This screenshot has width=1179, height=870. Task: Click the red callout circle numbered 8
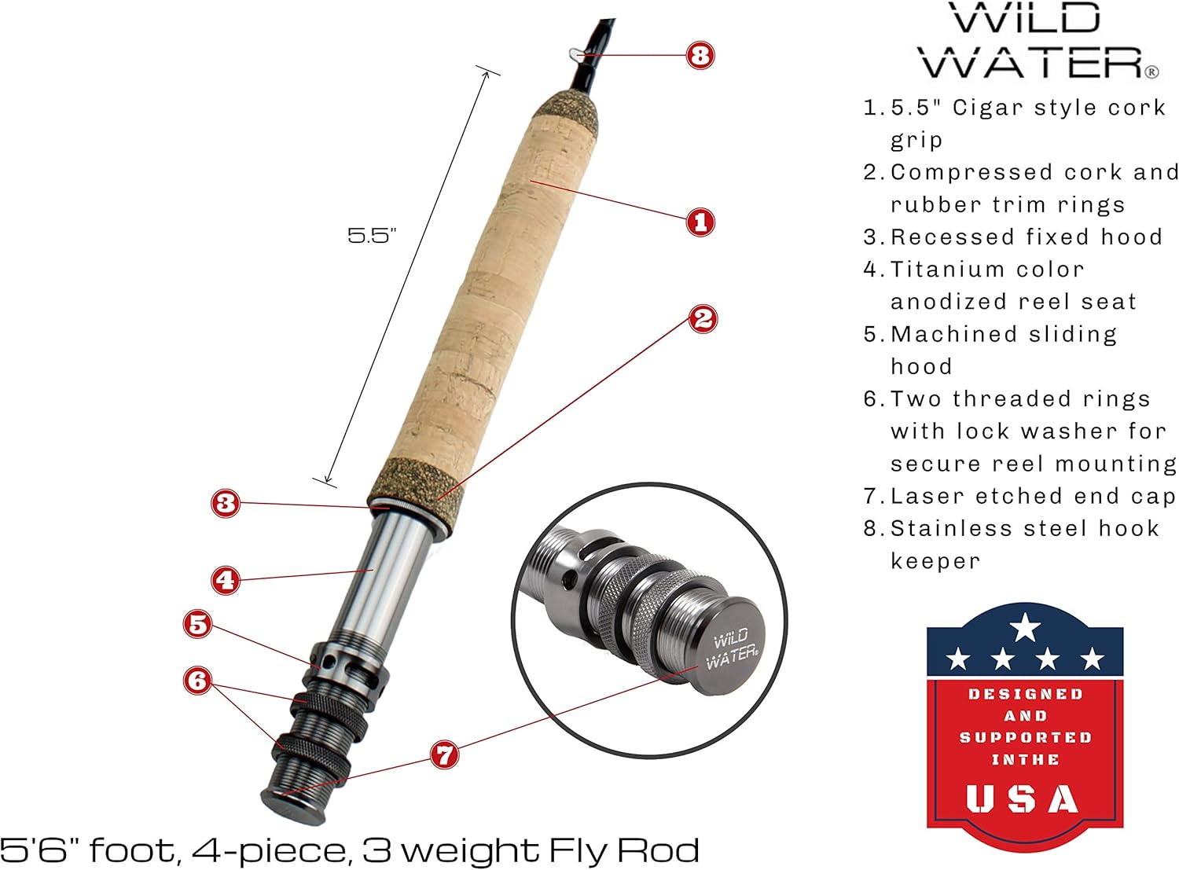[x=700, y=55]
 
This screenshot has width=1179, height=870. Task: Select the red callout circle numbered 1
[x=700, y=222]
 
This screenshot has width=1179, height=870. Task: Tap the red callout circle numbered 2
[x=703, y=319]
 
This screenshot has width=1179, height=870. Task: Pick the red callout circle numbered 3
[x=226, y=503]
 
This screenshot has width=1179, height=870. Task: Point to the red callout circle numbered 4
[x=226, y=581]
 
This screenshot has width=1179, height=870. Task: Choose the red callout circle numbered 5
[x=198, y=625]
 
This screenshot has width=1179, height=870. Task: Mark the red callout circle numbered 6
[x=198, y=680]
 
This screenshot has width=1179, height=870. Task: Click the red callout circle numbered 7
[x=445, y=755]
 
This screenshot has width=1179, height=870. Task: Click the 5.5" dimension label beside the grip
[x=372, y=235]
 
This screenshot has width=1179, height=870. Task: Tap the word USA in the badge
[x=1023, y=799]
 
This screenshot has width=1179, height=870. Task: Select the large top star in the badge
[x=1025, y=627]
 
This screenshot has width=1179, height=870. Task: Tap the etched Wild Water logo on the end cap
[x=731, y=648]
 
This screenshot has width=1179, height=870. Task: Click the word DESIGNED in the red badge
[x=1025, y=695]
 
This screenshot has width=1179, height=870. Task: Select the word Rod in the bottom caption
[x=659, y=850]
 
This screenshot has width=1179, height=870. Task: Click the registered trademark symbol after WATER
[x=1151, y=72]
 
